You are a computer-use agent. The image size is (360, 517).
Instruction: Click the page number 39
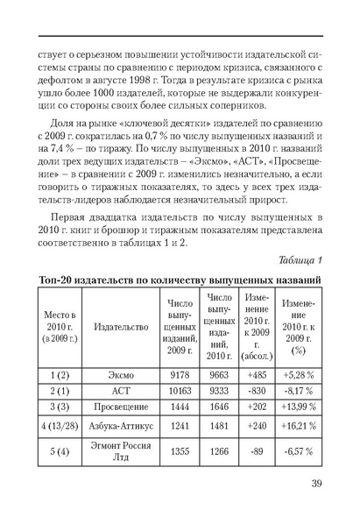[319, 483]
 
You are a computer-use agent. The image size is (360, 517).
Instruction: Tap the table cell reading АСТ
[121, 390]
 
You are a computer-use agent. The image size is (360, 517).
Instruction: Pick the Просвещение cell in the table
[121, 407]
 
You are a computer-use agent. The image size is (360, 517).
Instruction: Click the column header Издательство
[121, 327]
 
